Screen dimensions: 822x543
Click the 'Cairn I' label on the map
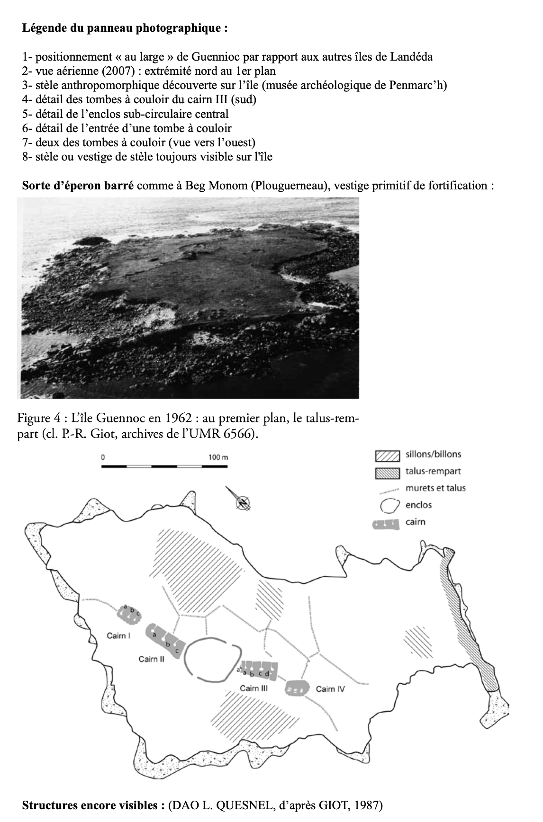coord(118,635)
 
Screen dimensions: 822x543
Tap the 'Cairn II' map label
coord(151,659)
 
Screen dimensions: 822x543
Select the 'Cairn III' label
coord(254,688)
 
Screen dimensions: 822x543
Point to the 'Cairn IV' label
coord(330,689)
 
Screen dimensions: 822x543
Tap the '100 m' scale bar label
coord(218,457)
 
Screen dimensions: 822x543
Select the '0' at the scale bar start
coord(102,457)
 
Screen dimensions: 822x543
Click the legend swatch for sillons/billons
coord(387,455)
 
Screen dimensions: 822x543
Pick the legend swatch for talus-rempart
coord(387,472)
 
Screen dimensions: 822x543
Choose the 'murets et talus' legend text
coord(435,488)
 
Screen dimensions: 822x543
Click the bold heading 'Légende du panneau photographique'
coord(122,28)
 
